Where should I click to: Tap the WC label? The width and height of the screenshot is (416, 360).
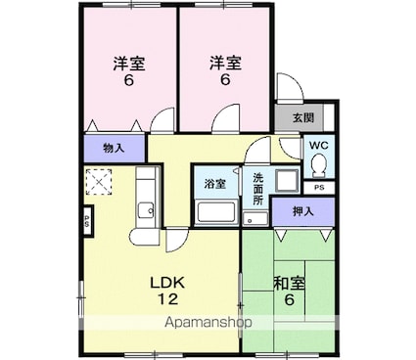[x=319, y=146]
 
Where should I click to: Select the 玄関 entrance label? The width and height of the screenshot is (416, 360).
[x=303, y=117]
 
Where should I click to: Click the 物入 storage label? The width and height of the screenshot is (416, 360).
[x=114, y=149]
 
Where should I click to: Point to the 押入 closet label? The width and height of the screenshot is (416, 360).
[x=303, y=211]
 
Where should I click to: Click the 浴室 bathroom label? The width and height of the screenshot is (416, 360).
[x=215, y=184]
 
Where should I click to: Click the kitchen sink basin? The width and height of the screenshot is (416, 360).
[x=146, y=210]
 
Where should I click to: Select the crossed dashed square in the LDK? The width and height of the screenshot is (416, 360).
[x=99, y=182]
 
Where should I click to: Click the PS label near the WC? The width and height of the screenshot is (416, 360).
[x=319, y=188]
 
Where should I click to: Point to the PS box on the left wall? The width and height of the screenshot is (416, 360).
[x=87, y=219]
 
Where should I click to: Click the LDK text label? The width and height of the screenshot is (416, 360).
[x=167, y=283]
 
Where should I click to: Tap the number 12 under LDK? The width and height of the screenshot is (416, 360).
[x=168, y=298]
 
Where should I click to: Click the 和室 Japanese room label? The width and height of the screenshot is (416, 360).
[x=289, y=284]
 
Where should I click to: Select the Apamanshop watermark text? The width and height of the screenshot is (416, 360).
[x=208, y=322]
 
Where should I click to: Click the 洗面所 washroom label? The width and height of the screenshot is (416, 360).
[x=258, y=189]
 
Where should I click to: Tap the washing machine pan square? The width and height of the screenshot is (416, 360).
[x=287, y=181]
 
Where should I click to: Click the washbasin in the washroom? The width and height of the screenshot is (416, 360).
[x=255, y=218]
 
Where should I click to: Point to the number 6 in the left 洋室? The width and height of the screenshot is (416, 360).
[x=129, y=80]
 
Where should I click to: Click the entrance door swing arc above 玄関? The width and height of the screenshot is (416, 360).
[x=295, y=81]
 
